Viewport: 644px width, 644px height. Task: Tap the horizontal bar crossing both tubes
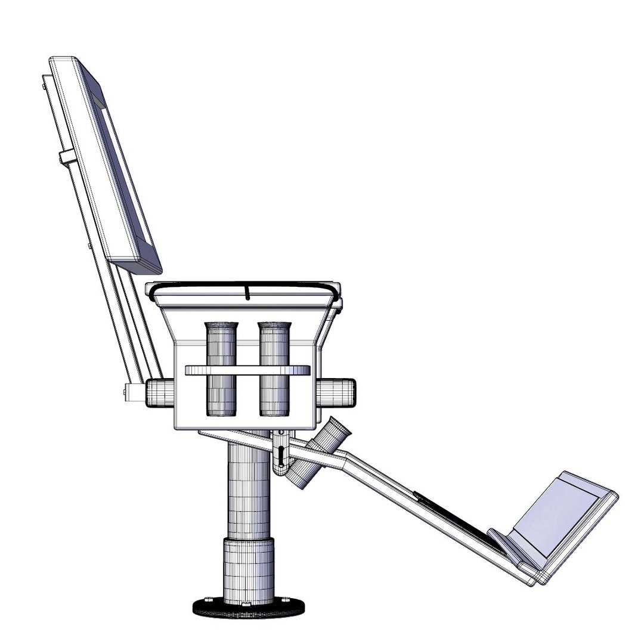[x=248, y=370]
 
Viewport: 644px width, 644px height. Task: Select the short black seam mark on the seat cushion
[x=246, y=292]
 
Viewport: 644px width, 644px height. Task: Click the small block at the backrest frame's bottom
[x=132, y=391]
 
